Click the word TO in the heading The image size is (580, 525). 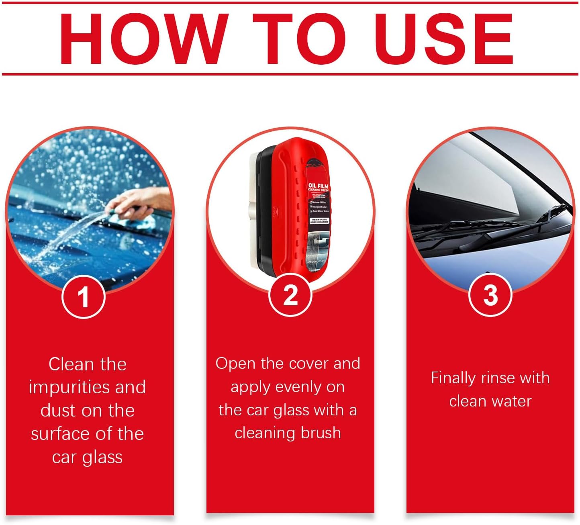299,39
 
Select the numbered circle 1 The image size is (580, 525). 84,297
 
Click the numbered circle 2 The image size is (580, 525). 290,295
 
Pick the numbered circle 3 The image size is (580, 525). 490,295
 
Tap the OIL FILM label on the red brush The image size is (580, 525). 319,187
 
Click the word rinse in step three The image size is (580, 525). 498,378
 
